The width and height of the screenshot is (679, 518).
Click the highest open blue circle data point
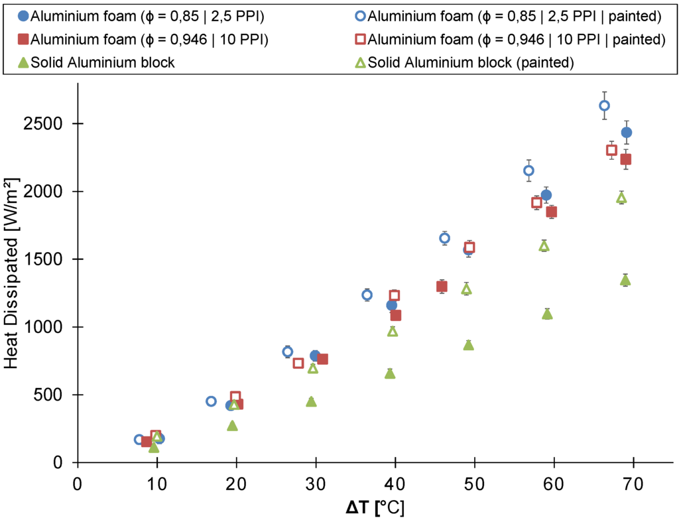pos(604,105)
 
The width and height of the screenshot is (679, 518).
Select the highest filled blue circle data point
pos(627,133)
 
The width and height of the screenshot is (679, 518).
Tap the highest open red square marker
pos(611,150)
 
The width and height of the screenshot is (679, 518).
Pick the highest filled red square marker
pos(625,159)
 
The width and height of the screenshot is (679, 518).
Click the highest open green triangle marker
pos(621,198)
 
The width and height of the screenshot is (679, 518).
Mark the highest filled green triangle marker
pos(625,281)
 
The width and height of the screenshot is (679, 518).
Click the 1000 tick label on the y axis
pos(48,327)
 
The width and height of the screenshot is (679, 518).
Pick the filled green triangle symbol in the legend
pos(23,63)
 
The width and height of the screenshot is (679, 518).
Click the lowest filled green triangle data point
pos(154,448)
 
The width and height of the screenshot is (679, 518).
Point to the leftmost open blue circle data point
pos(139,440)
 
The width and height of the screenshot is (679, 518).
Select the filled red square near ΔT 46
pos(442,287)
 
